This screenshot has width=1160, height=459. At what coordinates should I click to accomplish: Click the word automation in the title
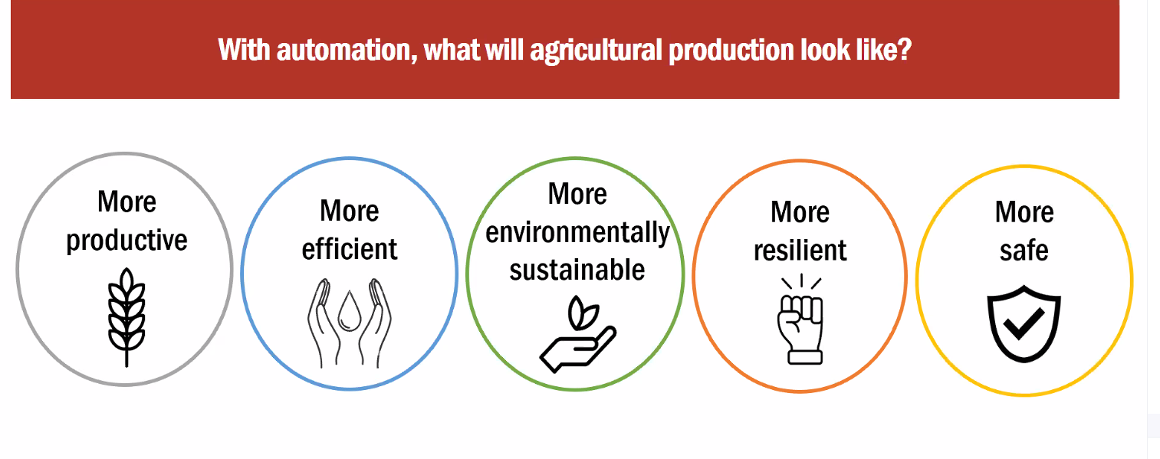pos(347,51)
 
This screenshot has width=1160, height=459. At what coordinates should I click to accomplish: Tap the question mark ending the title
pos(904,50)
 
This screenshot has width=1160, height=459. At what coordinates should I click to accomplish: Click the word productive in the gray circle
pos(127,241)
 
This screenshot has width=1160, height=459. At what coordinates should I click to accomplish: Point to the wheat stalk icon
pos(127,317)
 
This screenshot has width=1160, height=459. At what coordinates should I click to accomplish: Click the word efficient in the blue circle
pos(350,249)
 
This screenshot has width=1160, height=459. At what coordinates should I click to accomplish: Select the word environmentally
pos(577,233)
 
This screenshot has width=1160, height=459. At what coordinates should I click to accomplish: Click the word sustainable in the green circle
pos(577,270)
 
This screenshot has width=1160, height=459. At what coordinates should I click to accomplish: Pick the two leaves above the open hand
pos(583,313)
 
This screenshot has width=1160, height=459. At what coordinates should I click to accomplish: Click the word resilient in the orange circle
pos(800,251)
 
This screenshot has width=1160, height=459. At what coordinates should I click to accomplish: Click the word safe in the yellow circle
pos(1024,251)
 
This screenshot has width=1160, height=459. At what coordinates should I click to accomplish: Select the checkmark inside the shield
pos(1024,324)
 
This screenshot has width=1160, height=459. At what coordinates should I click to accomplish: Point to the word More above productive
pos(127,202)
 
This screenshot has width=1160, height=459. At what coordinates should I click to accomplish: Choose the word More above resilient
pos(800,212)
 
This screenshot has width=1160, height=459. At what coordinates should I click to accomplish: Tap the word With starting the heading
pos(244,51)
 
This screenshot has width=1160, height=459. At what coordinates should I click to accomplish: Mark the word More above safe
pos(1024,212)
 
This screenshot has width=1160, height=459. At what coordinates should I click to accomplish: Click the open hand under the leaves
pos(578,349)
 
